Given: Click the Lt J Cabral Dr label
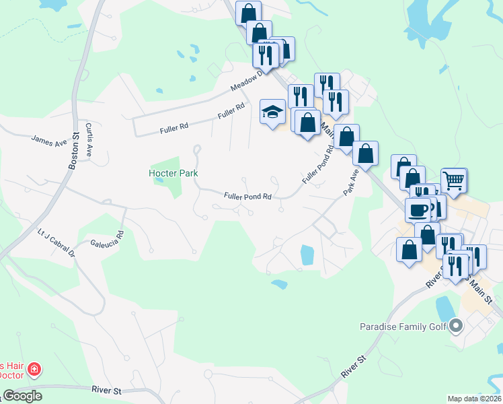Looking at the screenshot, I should (x=56, y=243).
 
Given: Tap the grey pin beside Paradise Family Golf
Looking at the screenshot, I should (x=457, y=327).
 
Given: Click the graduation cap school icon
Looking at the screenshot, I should (x=272, y=112).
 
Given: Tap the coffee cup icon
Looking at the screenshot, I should (x=417, y=210).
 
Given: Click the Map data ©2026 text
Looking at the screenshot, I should (x=474, y=399).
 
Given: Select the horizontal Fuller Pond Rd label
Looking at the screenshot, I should (x=247, y=197).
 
